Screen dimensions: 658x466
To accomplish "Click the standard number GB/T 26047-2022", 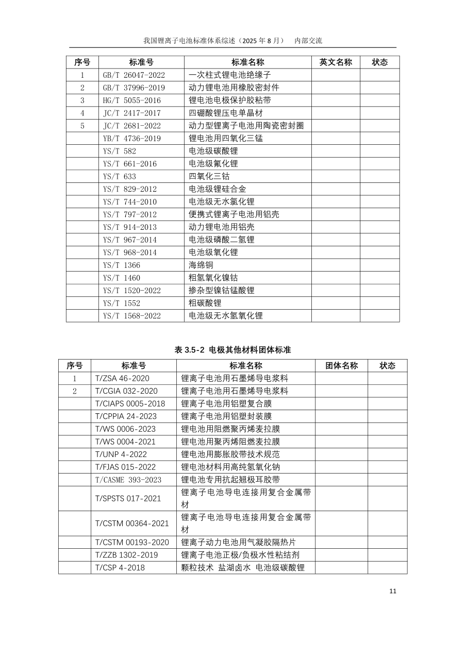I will (x=134, y=75).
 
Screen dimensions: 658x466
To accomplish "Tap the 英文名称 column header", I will (x=336, y=62).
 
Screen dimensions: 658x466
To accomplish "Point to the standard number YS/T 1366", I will (x=122, y=265).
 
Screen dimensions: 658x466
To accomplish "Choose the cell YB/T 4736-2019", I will (x=132, y=139).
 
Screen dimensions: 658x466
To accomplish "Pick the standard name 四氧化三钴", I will (x=209, y=176).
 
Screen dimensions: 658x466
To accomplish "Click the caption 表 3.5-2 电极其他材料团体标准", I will (x=233, y=350).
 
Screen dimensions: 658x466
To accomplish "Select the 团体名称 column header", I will (x=341, y=366).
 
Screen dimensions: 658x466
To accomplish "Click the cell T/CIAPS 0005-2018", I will (x=130, y=403).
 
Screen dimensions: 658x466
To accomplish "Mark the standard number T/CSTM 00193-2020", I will (x=132, y=543).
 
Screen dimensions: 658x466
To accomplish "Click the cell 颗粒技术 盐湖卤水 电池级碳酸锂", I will (x=243, y=568).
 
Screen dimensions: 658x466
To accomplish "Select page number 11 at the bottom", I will (x=393, y=591).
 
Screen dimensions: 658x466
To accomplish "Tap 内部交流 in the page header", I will (x=308, y=41).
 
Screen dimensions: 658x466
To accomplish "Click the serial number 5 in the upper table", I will (x=82, y=126).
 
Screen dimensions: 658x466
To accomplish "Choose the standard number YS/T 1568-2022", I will (x=132, y=316).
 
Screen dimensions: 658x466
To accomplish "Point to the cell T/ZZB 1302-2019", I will (x=127, y=555).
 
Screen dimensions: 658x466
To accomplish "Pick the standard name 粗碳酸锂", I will (x=205, y=303).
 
